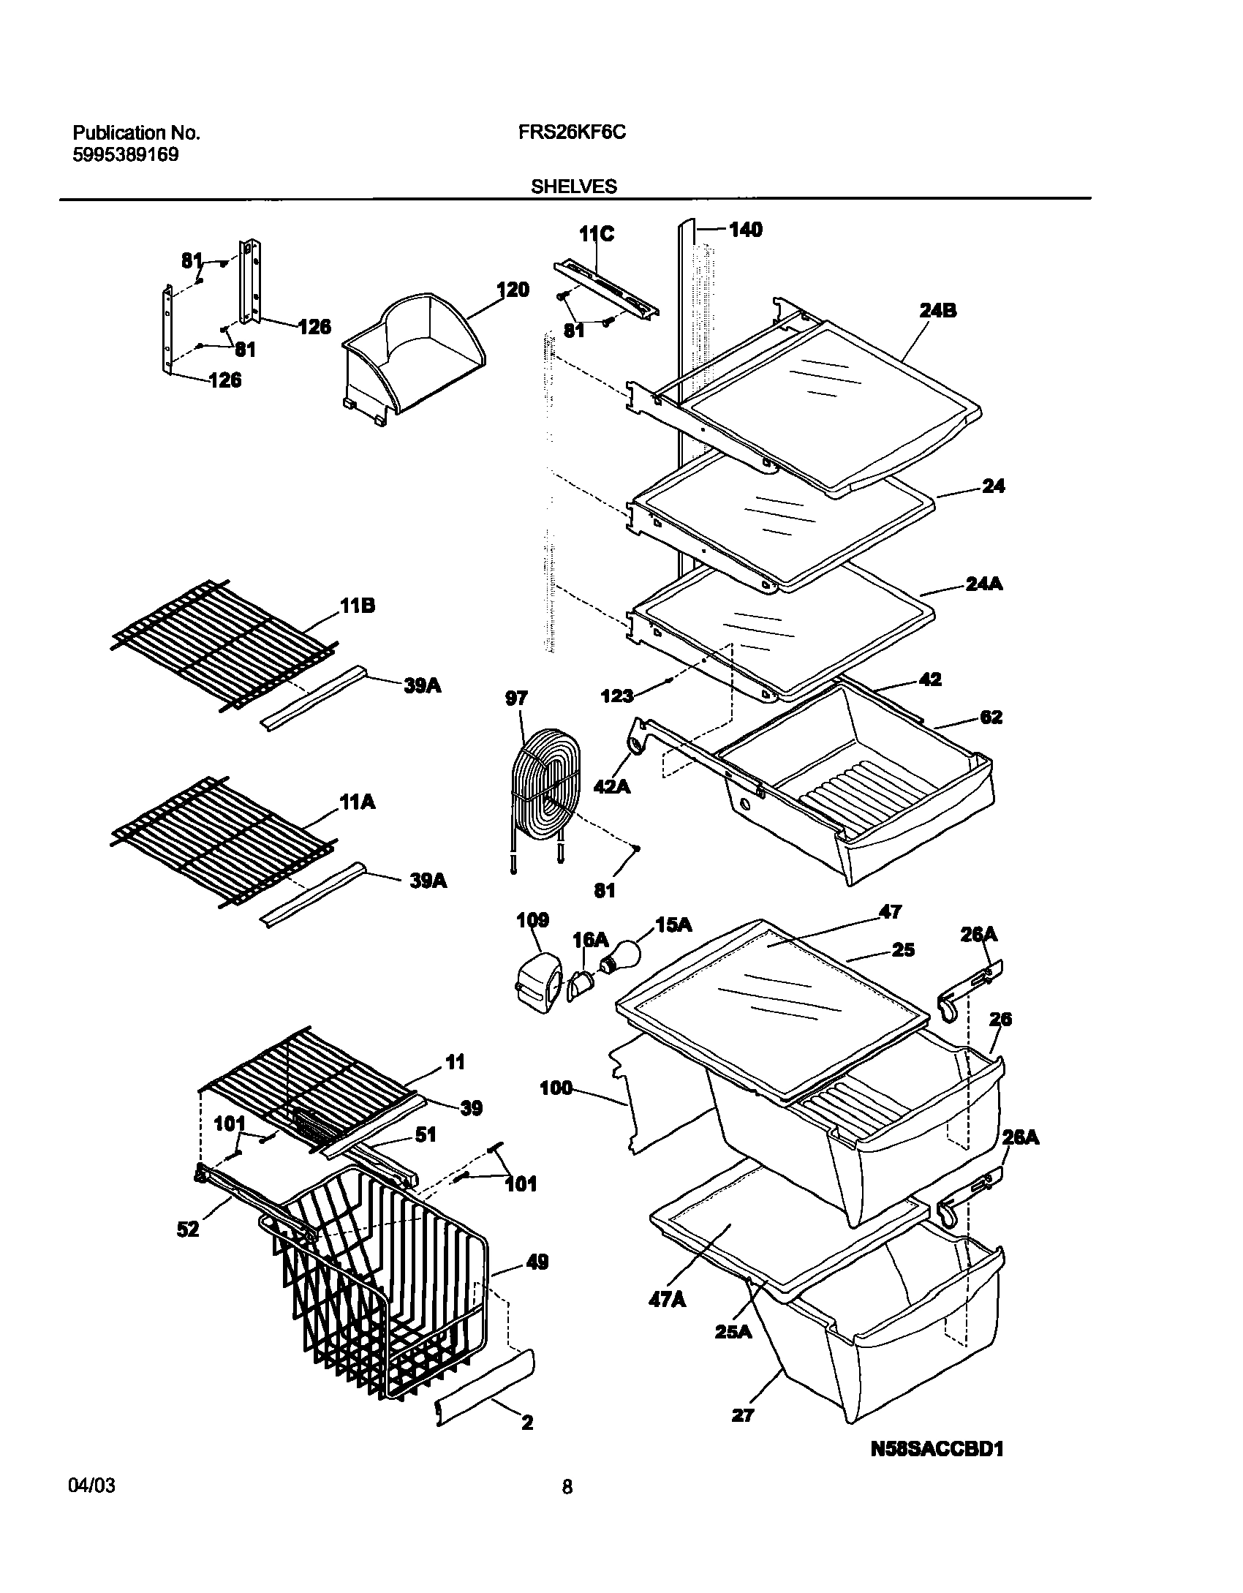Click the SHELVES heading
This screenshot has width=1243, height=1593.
[573, 187]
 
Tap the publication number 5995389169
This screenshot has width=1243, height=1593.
[125, 154]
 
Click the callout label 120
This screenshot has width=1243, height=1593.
[513, 290]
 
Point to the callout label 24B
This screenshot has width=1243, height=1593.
[938, 311]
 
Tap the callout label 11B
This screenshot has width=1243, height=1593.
[358, 606]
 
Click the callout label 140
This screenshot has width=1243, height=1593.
[746, 230]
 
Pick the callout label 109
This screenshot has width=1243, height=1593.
[532, 920]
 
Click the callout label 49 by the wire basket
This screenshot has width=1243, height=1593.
[537, 1262]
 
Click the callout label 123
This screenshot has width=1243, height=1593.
[616, 695]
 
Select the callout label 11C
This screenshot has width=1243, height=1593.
[597, 234]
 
